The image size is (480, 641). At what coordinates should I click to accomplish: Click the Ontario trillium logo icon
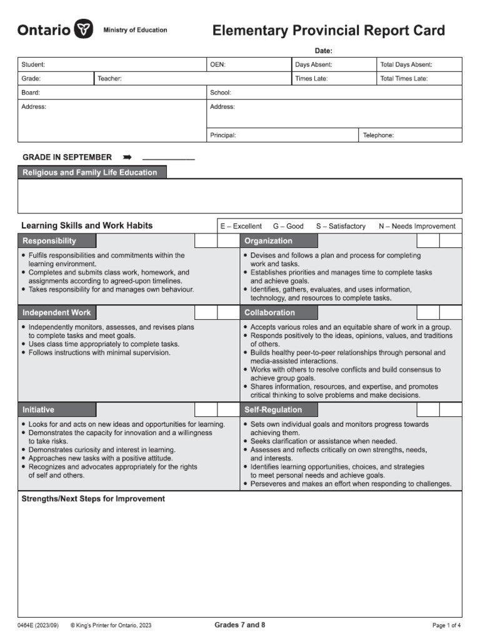click(x=83, y=29)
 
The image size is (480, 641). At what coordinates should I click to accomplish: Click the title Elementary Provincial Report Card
click(x=329, y=31)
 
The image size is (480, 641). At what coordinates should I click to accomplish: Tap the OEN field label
click(x=218, y=64)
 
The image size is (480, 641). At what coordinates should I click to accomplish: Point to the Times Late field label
click(x=311, y=79)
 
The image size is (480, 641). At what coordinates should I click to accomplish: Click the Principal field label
click(x=223, y=135)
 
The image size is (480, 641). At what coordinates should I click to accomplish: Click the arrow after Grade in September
click(x=127, y=157)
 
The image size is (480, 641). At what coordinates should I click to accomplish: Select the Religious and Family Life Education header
click(x=90, y=172)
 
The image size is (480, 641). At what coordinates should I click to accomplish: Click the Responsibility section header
click(x=50, y=241)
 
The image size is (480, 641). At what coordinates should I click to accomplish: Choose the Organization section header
click(x=268, y=241)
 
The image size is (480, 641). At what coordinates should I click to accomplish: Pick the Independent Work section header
click(x=57, y=312)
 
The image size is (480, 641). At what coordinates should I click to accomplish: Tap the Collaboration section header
click(x=269, y=312)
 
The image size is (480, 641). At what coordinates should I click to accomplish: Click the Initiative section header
click(x=39, y=410)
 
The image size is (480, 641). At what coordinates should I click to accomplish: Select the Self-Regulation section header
click(x=273, y=410)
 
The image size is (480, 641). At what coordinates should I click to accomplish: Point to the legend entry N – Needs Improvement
click(x=417, y=226)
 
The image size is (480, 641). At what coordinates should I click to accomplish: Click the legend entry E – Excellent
click(x=241, y=226)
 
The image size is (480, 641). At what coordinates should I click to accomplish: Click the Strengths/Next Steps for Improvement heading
click(x=93, y=499)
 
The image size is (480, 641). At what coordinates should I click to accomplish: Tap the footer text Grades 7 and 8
click(x=240, y=625)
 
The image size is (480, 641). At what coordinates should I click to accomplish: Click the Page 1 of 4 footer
click(x=446, y=625)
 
